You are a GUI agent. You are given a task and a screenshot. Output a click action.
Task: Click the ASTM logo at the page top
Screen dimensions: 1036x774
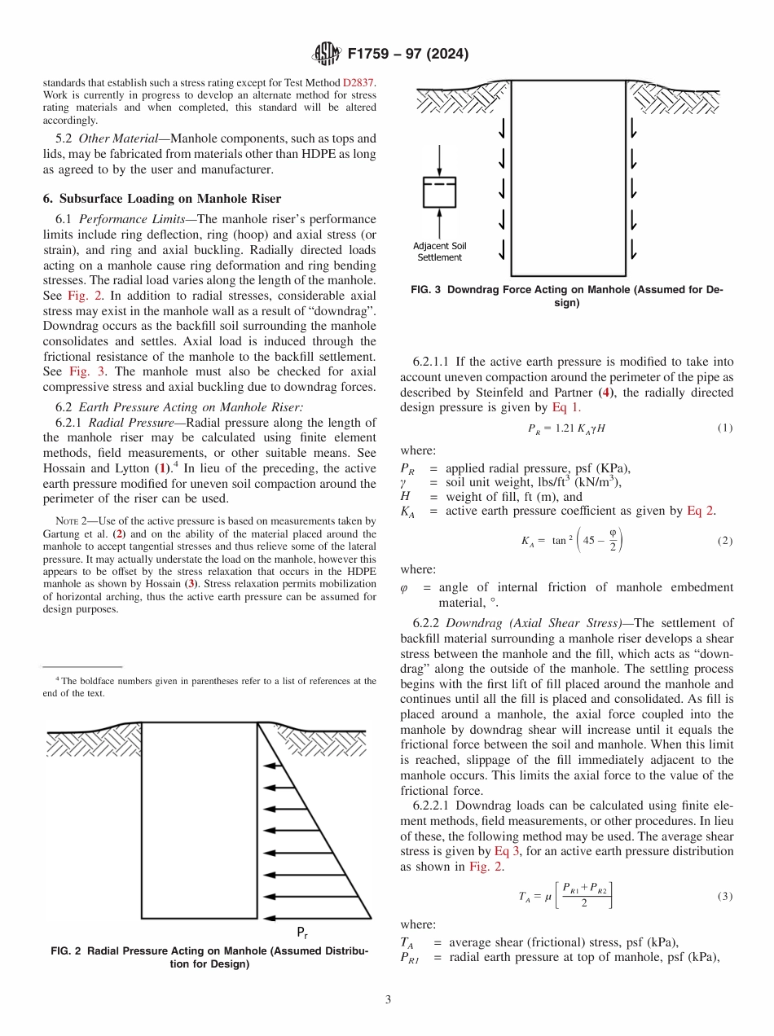coord(328,55)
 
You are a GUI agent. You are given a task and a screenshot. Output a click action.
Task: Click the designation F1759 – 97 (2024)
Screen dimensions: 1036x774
coord(407,55)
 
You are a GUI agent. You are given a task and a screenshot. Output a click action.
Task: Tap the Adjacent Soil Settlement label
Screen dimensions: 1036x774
coord(439,252)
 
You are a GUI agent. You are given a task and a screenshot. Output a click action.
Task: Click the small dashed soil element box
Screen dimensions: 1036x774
coord(439,191)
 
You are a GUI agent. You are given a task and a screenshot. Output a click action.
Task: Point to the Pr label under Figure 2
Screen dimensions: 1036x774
coord(301,932)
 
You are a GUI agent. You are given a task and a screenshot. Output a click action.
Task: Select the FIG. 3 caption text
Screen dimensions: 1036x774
coord(569,296)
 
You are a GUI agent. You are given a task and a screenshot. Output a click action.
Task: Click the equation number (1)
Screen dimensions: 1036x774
coord(724,428)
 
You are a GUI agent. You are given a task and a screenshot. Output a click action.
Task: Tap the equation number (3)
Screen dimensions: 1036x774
coord(724,896)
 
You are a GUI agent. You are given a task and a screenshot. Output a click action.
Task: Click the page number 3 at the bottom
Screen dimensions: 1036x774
coord(387,999)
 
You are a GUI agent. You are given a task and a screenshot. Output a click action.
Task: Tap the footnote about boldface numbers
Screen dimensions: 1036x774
coord(209,687)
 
